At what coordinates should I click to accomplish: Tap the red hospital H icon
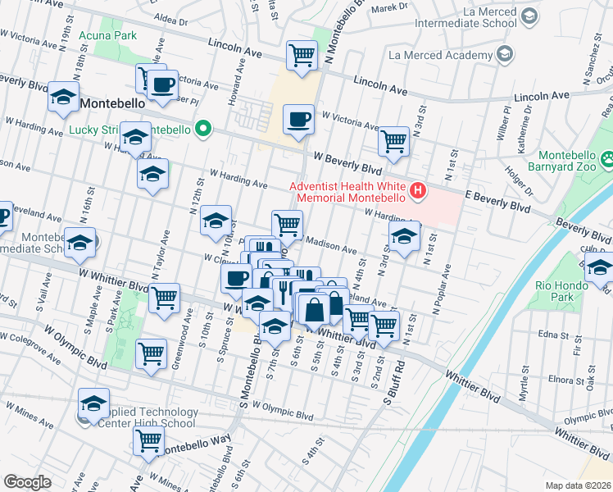tap(419, 192)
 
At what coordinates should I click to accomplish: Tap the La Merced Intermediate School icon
tap(529, 16)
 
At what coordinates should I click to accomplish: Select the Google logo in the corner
tap(27, 481)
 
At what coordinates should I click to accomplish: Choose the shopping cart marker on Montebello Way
tap(148, 440)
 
